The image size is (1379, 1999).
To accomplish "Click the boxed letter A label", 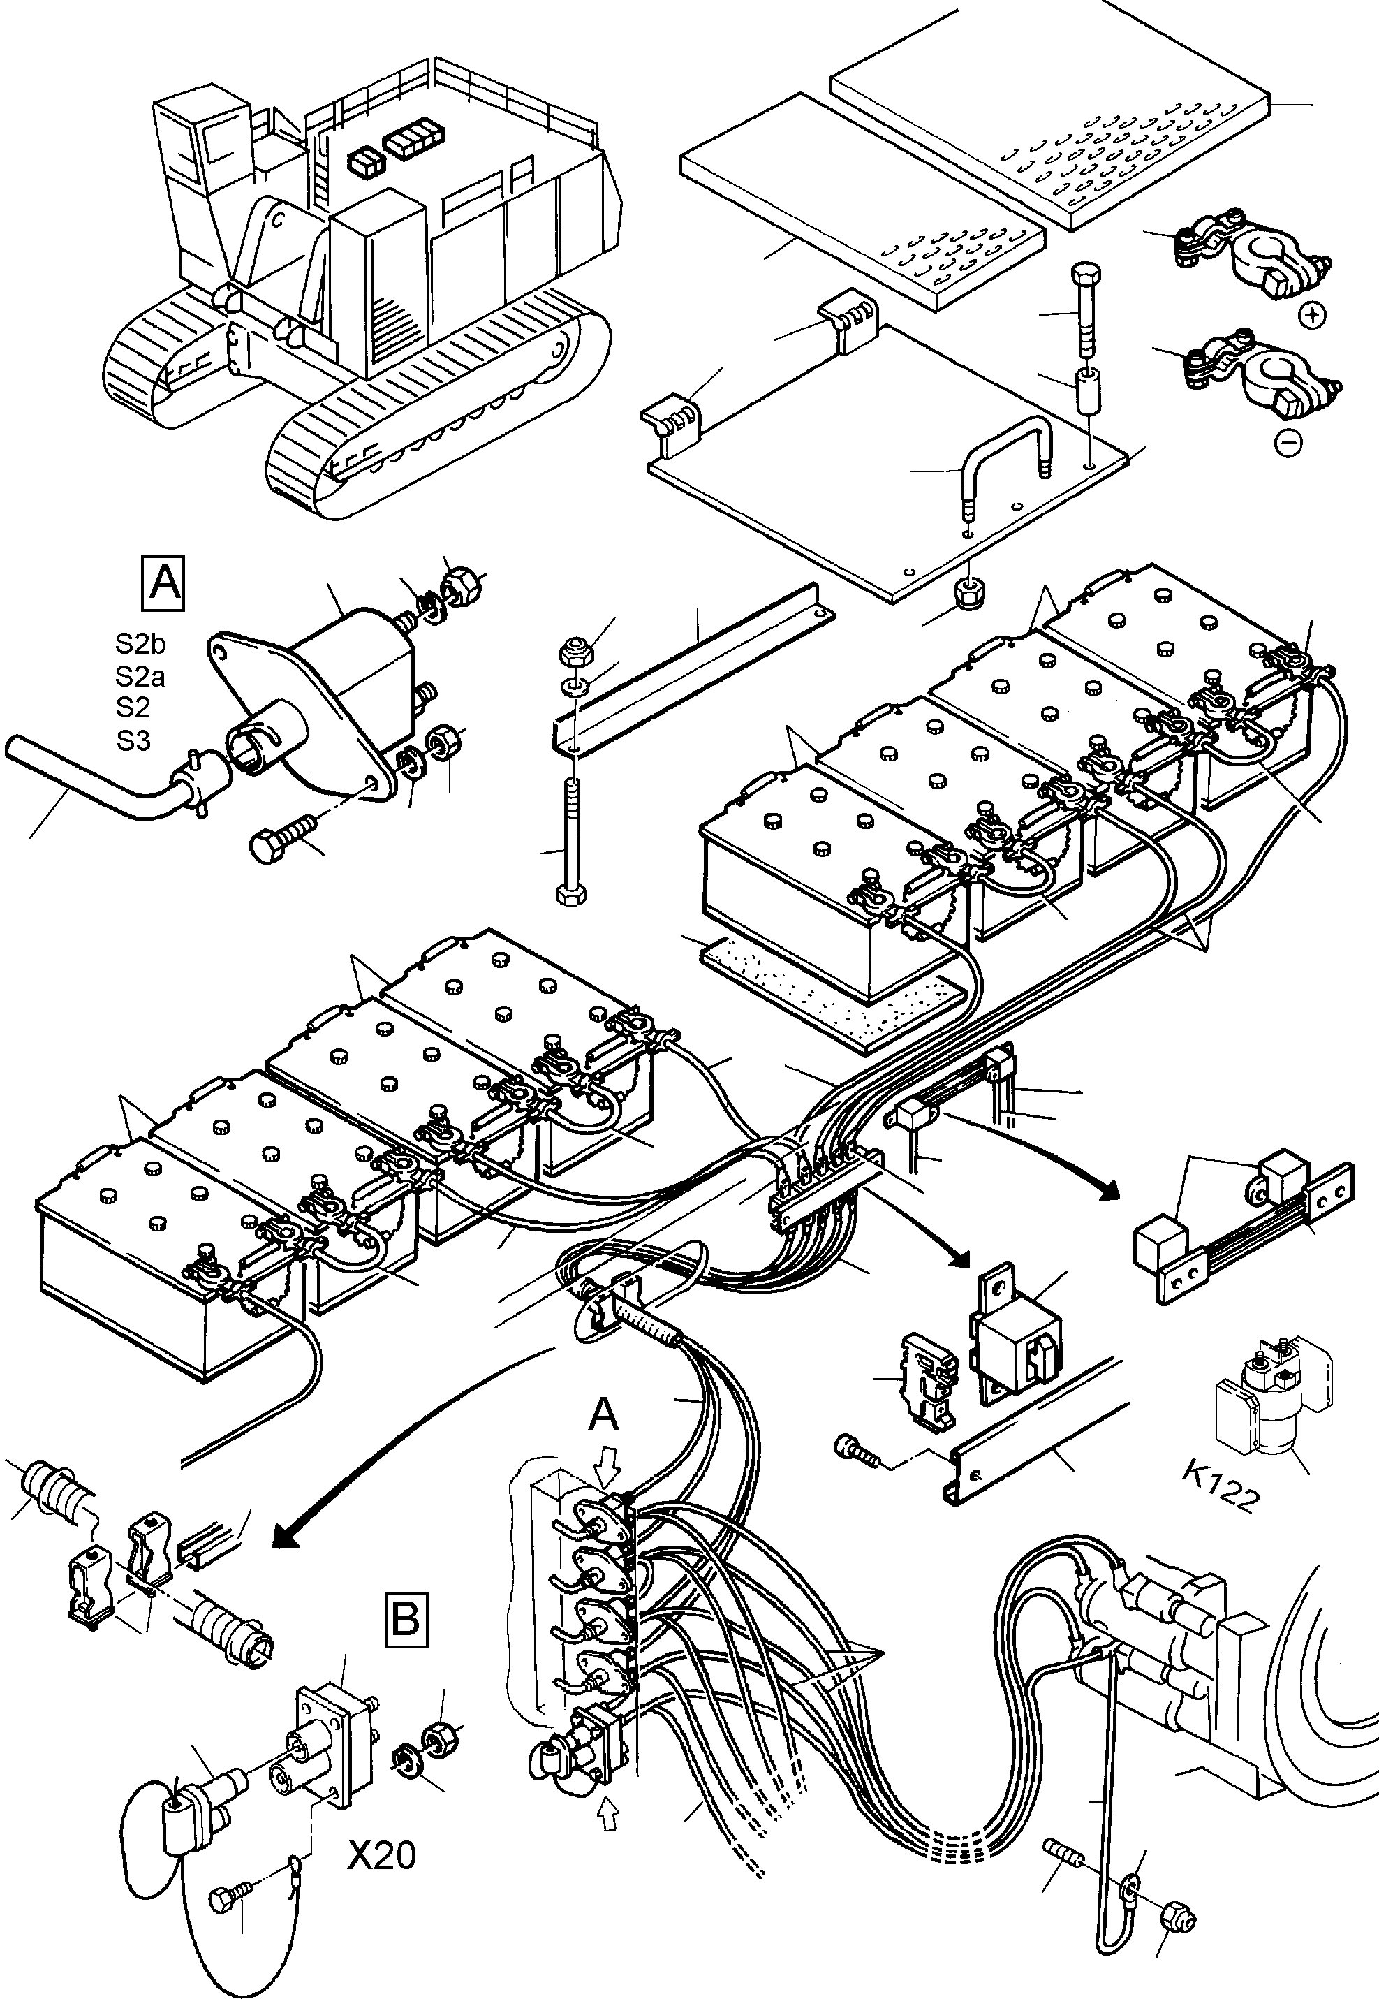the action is pos(164,583).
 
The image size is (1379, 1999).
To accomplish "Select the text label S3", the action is pos(134,740).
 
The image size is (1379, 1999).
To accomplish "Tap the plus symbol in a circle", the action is pos(1313,316).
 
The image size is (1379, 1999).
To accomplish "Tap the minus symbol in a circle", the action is pos(1288,444).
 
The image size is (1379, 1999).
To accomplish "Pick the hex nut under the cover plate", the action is pos(968,593).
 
